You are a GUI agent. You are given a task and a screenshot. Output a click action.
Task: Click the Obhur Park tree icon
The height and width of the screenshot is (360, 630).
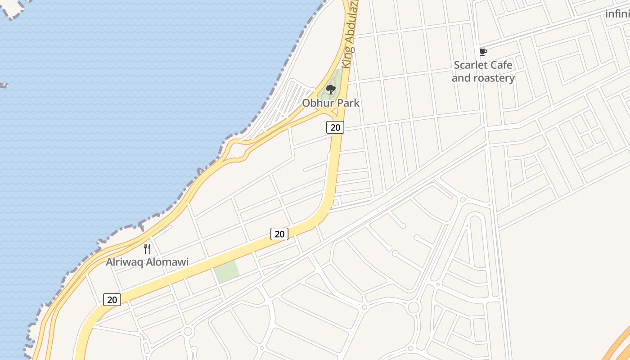click(331, 89)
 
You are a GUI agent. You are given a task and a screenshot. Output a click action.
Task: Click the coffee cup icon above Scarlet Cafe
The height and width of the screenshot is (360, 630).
click(483, 52)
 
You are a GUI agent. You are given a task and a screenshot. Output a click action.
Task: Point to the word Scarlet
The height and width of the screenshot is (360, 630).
click(471, 65)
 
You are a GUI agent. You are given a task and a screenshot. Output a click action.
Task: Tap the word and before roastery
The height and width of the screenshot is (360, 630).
click(461, 78)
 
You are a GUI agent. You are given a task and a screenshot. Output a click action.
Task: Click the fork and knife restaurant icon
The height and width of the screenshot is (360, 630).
click(147, 248)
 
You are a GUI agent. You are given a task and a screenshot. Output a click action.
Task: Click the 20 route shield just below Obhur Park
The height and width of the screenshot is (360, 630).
click(335, 127)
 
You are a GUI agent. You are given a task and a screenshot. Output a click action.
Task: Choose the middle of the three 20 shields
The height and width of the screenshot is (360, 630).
click(279, 234)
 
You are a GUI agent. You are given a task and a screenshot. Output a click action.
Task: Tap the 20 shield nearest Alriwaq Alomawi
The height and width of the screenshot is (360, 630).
click(112, 299)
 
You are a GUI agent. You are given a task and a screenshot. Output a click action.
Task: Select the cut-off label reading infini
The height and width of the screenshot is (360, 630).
click(617, 14)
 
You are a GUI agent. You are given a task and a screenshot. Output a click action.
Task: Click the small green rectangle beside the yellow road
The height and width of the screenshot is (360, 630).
click(226, 272)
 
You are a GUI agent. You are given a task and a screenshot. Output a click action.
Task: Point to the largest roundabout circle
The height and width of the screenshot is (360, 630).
click(413, 308)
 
